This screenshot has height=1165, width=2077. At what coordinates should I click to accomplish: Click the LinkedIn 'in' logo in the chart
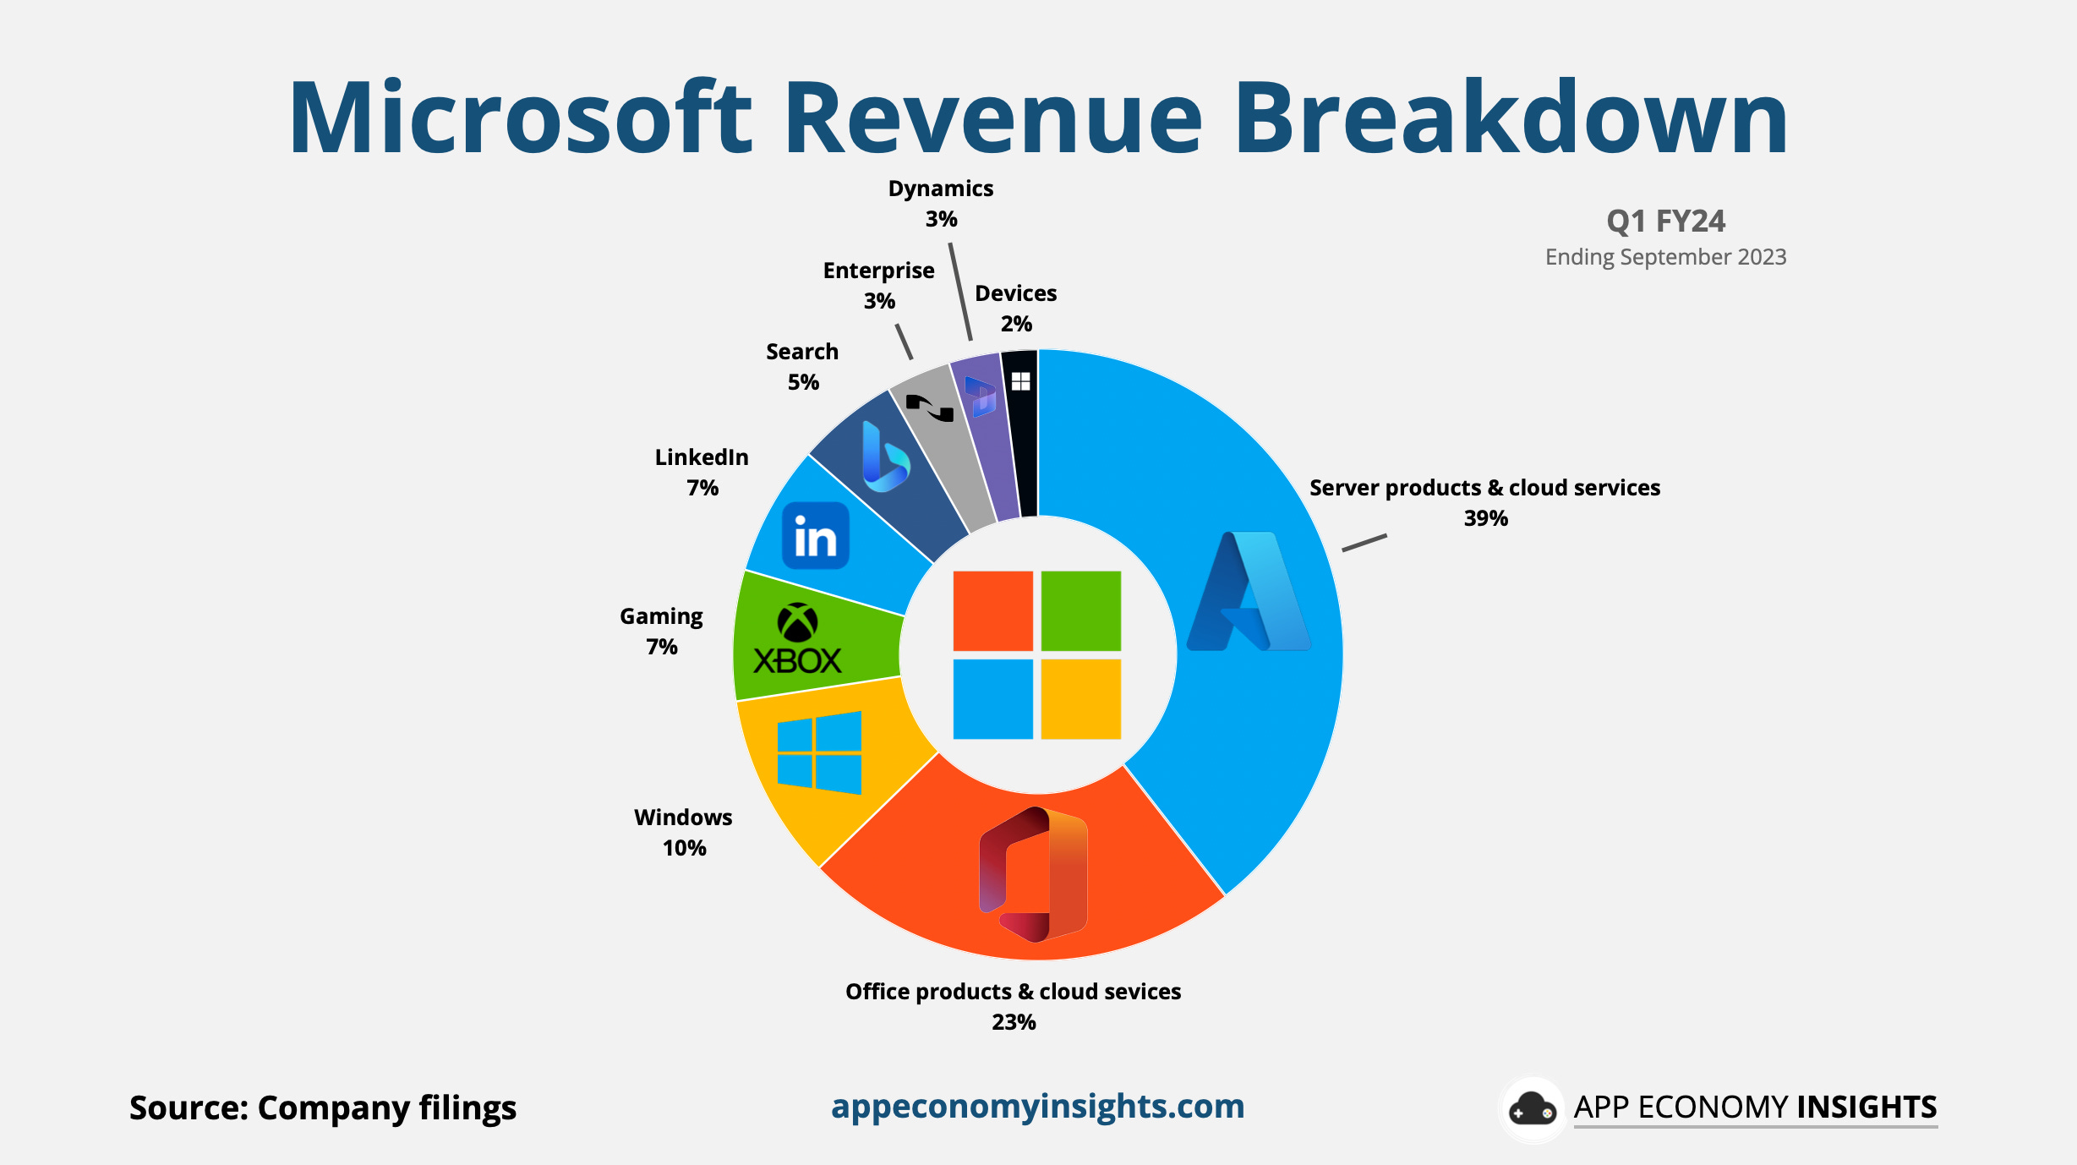815,536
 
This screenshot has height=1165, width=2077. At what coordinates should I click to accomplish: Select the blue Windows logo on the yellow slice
819,752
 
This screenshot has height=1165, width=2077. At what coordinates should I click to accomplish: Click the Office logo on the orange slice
1033,874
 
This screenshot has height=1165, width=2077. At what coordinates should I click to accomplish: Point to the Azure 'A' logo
1249,592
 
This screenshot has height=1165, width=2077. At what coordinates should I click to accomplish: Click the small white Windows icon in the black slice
1020,381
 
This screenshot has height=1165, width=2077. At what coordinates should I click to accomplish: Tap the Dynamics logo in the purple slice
981,397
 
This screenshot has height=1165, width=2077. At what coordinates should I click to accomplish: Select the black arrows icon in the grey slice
930,408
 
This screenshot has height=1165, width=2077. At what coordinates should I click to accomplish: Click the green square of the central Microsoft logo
1080,610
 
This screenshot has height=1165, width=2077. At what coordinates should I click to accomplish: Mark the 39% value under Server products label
1485,518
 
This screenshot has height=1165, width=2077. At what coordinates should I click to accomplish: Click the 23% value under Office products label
1013,1022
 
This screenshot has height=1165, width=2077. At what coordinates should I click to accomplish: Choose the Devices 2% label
1015,309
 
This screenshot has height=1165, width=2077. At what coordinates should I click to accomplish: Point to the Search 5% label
802,366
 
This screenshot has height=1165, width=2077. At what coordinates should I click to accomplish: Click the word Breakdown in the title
1510,118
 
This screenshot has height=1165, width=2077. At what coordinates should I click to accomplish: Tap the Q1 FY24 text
1665,222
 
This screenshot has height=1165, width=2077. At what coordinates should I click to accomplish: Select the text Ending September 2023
1665,257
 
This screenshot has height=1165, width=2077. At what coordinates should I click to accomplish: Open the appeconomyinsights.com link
1037,1106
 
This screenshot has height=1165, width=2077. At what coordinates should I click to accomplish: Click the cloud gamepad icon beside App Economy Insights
1532,1109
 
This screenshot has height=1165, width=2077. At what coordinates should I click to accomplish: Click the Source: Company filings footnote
322,1108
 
